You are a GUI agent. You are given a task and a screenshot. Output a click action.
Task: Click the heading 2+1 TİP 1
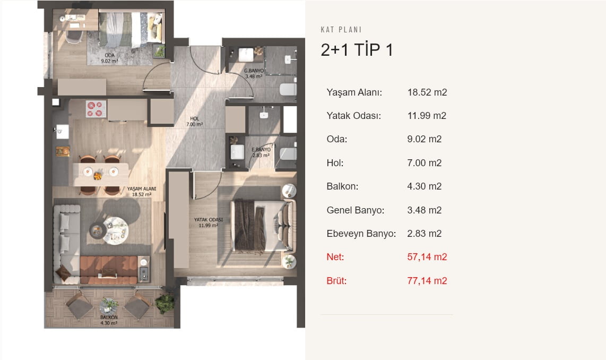click(357, 50)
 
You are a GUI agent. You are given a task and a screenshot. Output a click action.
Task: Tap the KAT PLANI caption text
click(341, 30)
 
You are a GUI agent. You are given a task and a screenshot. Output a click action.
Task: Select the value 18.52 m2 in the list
click(427, 92)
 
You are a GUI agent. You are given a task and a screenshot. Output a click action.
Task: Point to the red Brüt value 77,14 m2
click(427, 281)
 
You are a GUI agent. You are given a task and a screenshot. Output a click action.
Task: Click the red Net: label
click(335, 257)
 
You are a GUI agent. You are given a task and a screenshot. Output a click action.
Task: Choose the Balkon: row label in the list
click(342, 186)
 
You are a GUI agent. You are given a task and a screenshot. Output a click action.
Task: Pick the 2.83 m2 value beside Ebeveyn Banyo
click(425, 234)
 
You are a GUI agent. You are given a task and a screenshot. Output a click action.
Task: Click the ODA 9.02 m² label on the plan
click(109, 58)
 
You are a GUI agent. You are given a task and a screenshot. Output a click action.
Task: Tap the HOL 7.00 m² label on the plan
click(194, 122)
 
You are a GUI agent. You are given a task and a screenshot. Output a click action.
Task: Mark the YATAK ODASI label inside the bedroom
click(209, 220)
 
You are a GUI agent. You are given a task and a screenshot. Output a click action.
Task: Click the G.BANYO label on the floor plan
click(254, 71)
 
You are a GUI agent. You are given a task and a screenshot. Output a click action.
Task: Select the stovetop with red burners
click(96, 109)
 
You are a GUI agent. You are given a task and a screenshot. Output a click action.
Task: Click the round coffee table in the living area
click(116, 231)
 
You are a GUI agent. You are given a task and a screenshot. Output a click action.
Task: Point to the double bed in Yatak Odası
click(263, 226)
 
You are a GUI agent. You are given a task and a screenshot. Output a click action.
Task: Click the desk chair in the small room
click(74, 36)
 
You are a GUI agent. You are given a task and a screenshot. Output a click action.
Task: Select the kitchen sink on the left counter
click(62, 132)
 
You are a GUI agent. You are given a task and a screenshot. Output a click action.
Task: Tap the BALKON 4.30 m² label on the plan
click(109, 320)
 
